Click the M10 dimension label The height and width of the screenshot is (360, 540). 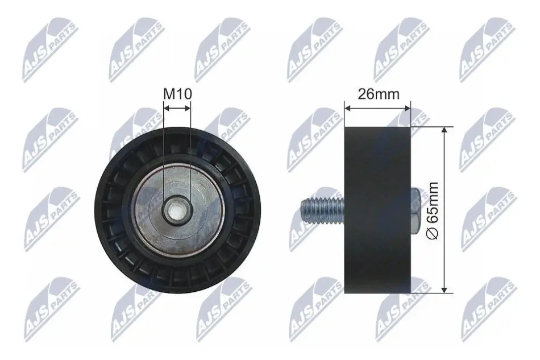point(177,93)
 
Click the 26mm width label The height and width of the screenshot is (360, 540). point(379,94)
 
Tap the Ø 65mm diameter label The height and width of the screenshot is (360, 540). point(432,210)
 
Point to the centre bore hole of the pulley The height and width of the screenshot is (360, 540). point(177,210)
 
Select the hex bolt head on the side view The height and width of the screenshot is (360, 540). point(416,209)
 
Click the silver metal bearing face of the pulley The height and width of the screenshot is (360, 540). point(178,210)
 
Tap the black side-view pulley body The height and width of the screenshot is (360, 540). point(378,210)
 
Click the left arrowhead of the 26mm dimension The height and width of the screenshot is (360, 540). point(347,108)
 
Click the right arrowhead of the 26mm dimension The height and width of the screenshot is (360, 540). point(408,108)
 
